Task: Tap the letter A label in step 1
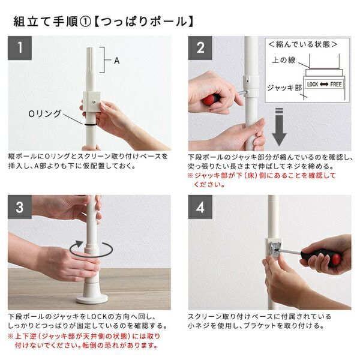point(118,60)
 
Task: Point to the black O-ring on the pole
point(90,124)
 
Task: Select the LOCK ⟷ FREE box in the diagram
point(324,85)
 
